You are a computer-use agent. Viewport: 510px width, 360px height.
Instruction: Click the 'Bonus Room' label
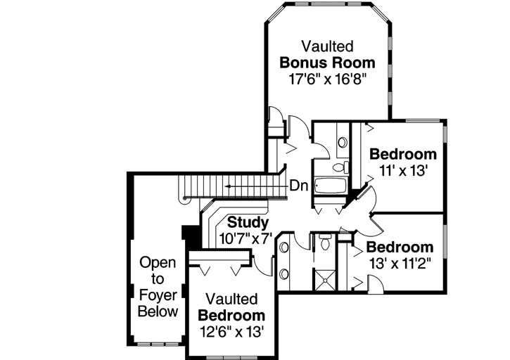327,62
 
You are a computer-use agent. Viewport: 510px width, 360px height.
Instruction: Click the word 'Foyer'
158,295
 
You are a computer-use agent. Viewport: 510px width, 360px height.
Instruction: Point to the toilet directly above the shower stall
324,244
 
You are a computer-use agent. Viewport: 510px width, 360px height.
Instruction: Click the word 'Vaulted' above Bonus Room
327,46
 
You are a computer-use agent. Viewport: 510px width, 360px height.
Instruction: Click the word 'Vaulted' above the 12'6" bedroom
231,300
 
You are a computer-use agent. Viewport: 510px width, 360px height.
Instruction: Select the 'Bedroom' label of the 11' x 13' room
402,154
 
